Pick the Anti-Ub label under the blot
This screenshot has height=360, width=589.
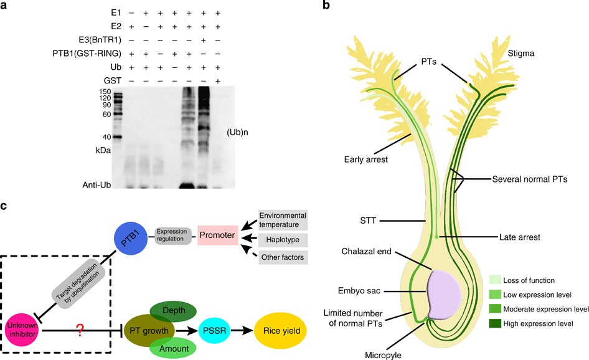pyautogui.click(x=101, y=185)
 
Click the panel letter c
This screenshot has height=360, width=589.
pyautogui.click(x=7, y=204)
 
